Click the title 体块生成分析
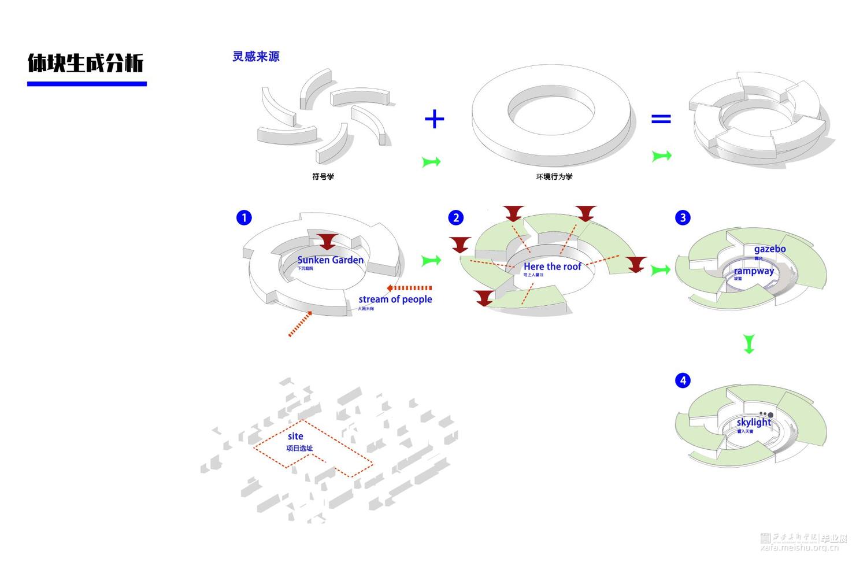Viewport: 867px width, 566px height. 86,63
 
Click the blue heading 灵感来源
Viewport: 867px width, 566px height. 256,57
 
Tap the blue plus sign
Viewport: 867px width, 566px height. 434,119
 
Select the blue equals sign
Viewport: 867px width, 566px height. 661,119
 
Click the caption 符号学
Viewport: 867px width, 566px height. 323,176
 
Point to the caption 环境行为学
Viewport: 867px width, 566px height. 554,176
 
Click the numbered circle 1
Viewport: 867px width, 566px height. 244,217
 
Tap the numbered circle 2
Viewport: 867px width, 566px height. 456,217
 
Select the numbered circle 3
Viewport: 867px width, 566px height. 683,217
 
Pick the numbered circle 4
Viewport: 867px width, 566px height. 683,380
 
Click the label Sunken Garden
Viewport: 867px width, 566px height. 330,260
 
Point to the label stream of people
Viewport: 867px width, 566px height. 395,299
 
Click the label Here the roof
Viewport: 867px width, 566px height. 553,267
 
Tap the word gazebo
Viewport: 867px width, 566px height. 770,249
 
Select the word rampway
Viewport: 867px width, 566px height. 754,271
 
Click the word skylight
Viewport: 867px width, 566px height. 754,422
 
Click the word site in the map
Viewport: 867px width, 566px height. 295,436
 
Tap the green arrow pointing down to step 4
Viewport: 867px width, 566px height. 749,343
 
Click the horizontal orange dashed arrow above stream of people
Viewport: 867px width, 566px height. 409,288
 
